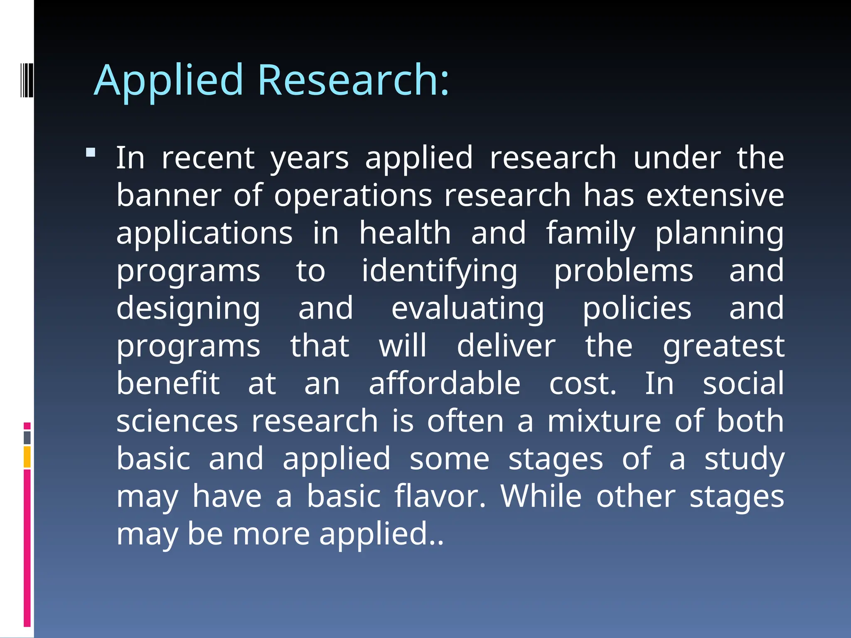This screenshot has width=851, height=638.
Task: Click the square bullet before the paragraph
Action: [91, 152]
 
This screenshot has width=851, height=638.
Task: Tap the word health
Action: [405, 233]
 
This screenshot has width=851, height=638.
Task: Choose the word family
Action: [590, 234]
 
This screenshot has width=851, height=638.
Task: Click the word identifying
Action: [439, 271]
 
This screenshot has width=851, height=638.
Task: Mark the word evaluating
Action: [467, 309]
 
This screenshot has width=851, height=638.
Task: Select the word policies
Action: [637, 309]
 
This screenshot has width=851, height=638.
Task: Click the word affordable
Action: [445, 383]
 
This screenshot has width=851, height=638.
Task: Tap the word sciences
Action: [177, 421]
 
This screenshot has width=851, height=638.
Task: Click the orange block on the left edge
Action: [27, 457]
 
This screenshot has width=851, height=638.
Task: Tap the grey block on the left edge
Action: [27, 437]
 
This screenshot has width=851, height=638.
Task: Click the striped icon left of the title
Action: [27, 79]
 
